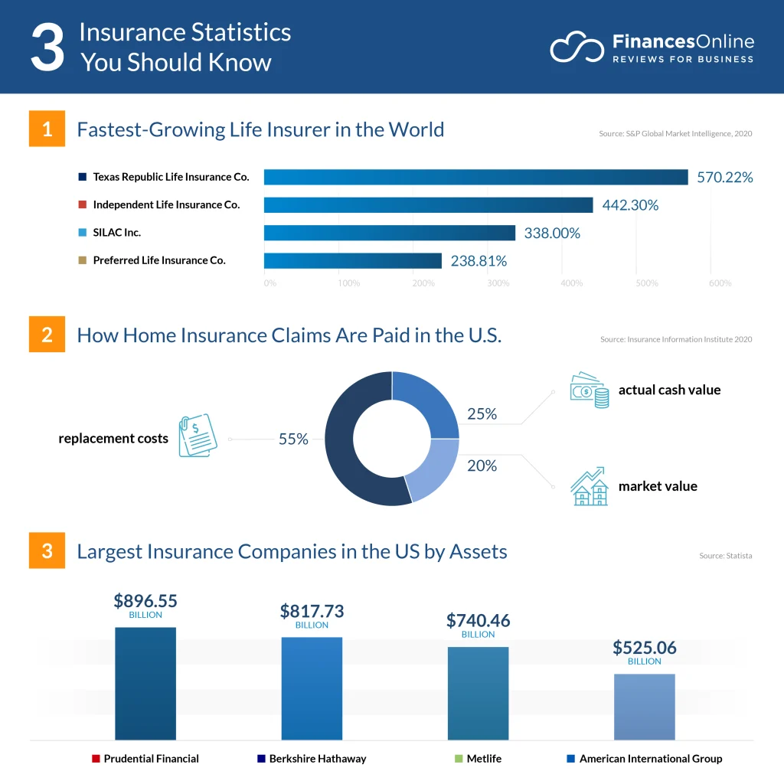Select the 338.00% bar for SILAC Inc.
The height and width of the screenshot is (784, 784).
pyautogui.click(x=390, y=233)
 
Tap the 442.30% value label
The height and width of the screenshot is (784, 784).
pyautogui.click(x=630, y=205)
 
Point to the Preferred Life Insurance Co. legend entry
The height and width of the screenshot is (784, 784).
pyautogui.click(x=153, y=260)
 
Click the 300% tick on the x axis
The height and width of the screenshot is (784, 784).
pyautogui.click(x=498, y=283)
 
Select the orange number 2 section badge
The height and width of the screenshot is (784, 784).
pyautogui.click(x=47, y=335)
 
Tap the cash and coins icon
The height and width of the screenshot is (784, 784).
pyautogui.click(x=589, y=390)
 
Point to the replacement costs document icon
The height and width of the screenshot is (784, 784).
pyautogui.click(x=197, y=436)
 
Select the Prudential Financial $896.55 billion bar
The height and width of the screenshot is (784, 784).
pyautogui.click(x=145, y=683)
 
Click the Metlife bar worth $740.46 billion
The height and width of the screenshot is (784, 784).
pyautogui.click(x=478, y=693)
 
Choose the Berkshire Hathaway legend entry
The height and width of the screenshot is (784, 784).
pyautogui.click(x=312, y=759)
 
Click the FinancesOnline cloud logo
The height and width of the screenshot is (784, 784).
pyautogui.click(x=577, y=47)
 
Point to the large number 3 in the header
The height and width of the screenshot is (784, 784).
pyautogui.click(x=47, y=47)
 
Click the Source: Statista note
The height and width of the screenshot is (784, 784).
pyautogui.click(x=725, y=555)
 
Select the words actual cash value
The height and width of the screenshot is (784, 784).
pyautogui.click(x=669, y=390)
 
